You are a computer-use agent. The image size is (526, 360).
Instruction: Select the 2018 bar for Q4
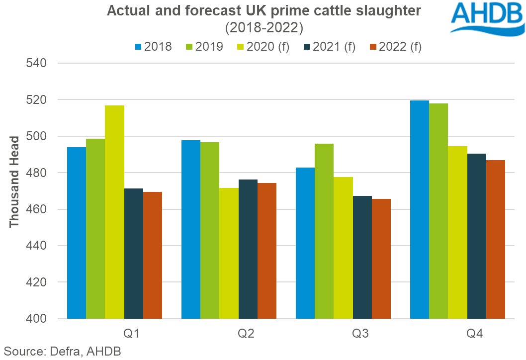pyautogui.click(x=419, y=209)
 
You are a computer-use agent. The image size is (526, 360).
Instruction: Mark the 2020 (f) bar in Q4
pyautogui.click(x=458, y=232)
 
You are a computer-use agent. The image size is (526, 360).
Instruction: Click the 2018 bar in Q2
pyautogui.click(x=191, y=229)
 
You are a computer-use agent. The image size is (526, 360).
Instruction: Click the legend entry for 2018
pyautogui.click(x=153, y=47)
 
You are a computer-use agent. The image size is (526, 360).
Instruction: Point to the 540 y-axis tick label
pyautogui.click(x=36, y=64)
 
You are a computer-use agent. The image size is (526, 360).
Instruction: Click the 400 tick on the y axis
pyautogui.click(x=36, y=319)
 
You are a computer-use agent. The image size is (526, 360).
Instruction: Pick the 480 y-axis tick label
pyautogui.click(x=36, y=173)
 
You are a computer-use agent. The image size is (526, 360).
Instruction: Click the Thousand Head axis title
pyautogui.click(x=14, y=182)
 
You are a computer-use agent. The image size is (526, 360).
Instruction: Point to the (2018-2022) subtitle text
pyautogui.click(x=264, y=28)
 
